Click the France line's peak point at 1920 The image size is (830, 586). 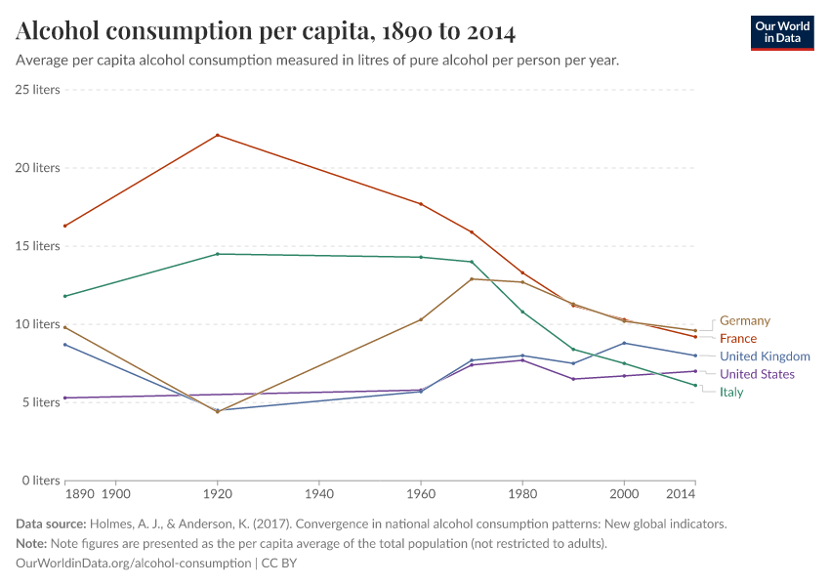tap(217, 135)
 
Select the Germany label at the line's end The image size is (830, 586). tap(744, 320)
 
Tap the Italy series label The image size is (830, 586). tap(731, 392)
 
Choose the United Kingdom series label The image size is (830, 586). tap(765, 356)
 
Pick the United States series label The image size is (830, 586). tap(757, 374)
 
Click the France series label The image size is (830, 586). tap(738, 338)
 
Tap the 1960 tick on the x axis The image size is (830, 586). tap(420, 496)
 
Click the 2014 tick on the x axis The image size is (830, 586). tap(695, 496)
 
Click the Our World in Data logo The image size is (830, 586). tap(782, 32)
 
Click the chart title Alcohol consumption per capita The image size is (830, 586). tap(266, 31)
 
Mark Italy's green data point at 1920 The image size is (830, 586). tap(217, 254)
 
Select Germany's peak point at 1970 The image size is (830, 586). tap(472, 278)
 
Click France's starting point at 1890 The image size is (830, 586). tap(64, 226)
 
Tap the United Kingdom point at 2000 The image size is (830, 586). tap(624, 343)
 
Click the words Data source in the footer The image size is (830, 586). tap(50, 523)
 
